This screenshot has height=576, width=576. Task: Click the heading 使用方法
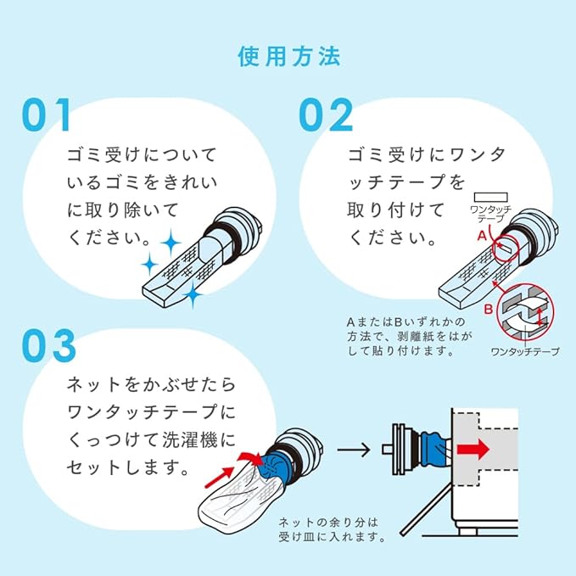tap(288, 57)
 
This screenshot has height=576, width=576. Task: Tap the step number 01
tap(47, 115)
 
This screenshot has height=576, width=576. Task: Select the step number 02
tap(326, 115)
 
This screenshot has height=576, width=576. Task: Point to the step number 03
tap(49, 345)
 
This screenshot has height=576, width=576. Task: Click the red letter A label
tap(482, 235)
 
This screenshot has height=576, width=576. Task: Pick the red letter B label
tap(489, 310)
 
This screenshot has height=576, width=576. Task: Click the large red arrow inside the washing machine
tap(473, 450)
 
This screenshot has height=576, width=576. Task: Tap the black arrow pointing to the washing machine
tap(354, 450)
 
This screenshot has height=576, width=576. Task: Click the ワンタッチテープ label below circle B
tap(525, 351)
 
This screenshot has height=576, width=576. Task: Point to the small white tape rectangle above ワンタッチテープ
tap(491, 198)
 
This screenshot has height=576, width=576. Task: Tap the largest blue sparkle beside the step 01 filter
tap(171, 243)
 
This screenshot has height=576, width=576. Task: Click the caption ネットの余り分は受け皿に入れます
tap(332, 529)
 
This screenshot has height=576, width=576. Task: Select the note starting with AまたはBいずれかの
tap(409, 336)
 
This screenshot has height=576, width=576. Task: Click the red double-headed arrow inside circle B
tap(539, 316)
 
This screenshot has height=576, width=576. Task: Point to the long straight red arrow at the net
tap(220, 477)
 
